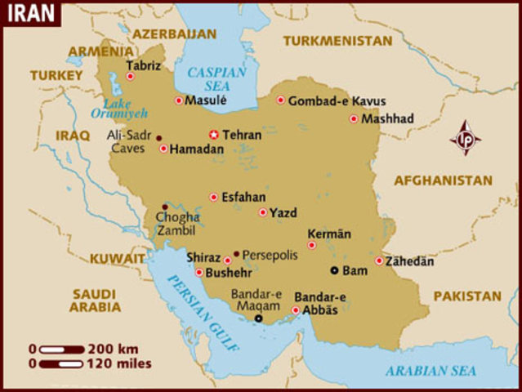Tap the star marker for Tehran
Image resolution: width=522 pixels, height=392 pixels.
[x=214, y=134]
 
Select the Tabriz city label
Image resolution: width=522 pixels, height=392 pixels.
[x=144, y=65]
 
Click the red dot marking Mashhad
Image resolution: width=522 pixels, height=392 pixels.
[x=354, y=118]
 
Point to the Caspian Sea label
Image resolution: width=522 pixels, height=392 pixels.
[x=216, y=79]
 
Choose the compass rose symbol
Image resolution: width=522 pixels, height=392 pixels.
[x=466, y=137]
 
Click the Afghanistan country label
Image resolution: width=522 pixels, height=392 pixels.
[x=443, y=180]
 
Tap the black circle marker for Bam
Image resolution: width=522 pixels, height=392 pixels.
[x=333, y=270]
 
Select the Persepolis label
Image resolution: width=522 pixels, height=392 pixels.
[x=270, y=255]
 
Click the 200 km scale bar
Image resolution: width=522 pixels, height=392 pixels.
[x=61, y=349]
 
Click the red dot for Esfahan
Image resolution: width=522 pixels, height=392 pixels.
[x=214, y=197]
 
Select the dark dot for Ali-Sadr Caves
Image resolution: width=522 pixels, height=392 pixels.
[x=158, y=138]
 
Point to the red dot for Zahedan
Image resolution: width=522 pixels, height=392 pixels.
[x=379, y=261]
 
